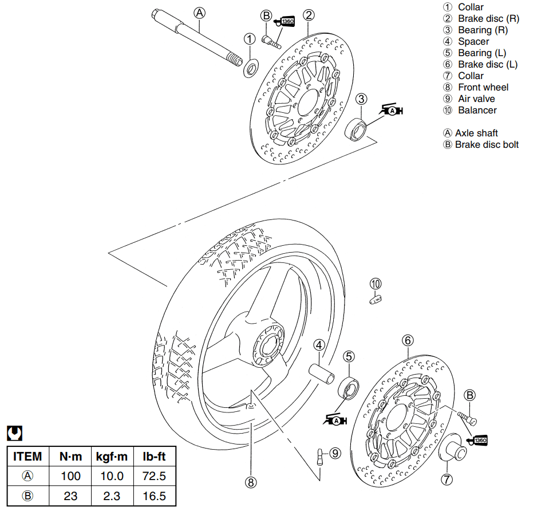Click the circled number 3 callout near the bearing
(361, 99)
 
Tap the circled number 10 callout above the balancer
(376, 284)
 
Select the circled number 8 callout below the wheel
(250, 482)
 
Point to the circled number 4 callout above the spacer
(319, 345)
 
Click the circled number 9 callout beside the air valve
(335, 453)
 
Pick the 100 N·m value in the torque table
(70, 476)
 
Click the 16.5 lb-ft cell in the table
(154, 496)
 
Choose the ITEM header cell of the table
(27, 457)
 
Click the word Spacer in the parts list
(473, 41)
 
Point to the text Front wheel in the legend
(483, 87)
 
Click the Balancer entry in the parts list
(477, 110)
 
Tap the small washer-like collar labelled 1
(251, 68)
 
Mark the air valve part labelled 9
(319, 457)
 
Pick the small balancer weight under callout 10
(376, 298)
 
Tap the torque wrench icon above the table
(14, 433)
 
